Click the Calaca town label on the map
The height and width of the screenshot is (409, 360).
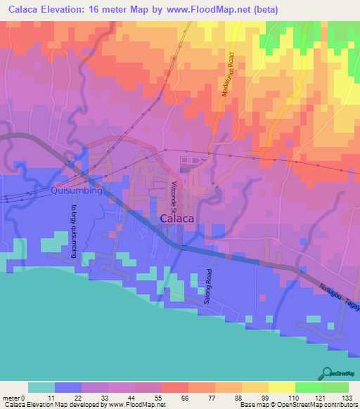(177, 219)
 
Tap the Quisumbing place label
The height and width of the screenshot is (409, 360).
(77, 190)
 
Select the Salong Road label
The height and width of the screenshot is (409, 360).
(208, 285)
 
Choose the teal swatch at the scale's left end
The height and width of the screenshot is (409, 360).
(41, 387)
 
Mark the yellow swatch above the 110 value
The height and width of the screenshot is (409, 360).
(281, 387)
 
